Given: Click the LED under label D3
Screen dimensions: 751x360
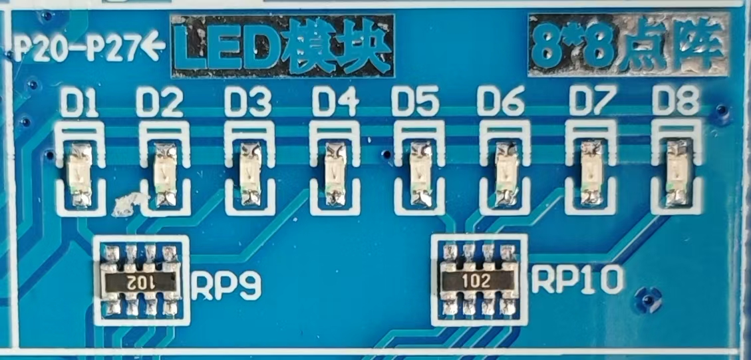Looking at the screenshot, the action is pos(250,174).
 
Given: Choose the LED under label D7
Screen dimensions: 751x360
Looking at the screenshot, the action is pos(590,174).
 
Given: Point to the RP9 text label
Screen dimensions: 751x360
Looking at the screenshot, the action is pos(226,285).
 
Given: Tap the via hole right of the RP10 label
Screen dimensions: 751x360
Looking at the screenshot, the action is pos(648,297).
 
